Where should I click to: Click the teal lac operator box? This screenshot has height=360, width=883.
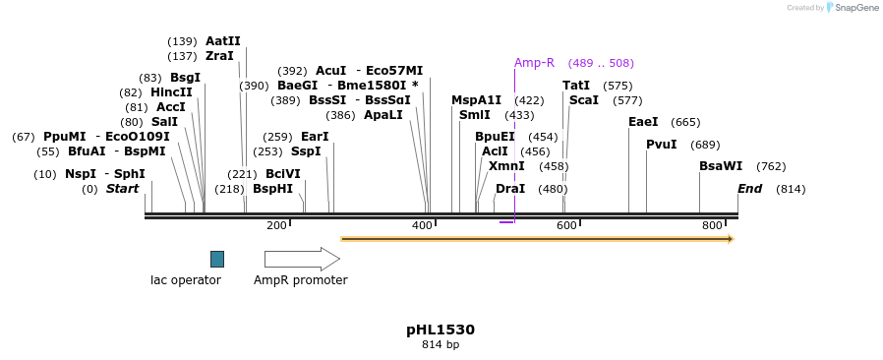[217, 259]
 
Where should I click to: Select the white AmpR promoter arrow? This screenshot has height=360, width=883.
[301, 259]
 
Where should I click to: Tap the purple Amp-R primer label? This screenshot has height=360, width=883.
[534, 63]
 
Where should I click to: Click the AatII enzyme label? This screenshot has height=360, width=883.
[222, 41]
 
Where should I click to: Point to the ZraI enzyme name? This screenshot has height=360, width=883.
[219, 56]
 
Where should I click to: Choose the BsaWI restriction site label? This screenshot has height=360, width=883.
[721, 166]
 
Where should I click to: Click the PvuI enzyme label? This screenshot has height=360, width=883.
[661, 145]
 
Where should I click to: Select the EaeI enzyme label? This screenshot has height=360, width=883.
[643, 122]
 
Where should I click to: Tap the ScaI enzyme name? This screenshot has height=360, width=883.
[584, 100]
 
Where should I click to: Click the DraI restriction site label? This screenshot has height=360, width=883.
[510, 189]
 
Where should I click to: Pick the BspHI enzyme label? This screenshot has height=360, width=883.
[272, 189]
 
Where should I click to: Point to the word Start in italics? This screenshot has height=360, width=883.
[123, 189]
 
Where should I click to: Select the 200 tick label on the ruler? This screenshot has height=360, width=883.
[276, 226]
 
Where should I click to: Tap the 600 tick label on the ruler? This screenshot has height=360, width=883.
[566, 226]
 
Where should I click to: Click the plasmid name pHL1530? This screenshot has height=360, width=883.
[441, 330]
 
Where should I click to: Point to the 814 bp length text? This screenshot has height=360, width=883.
[441, 345]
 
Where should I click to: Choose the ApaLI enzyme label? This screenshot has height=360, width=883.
[383, 115]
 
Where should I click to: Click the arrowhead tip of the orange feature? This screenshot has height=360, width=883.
[733, 239]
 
